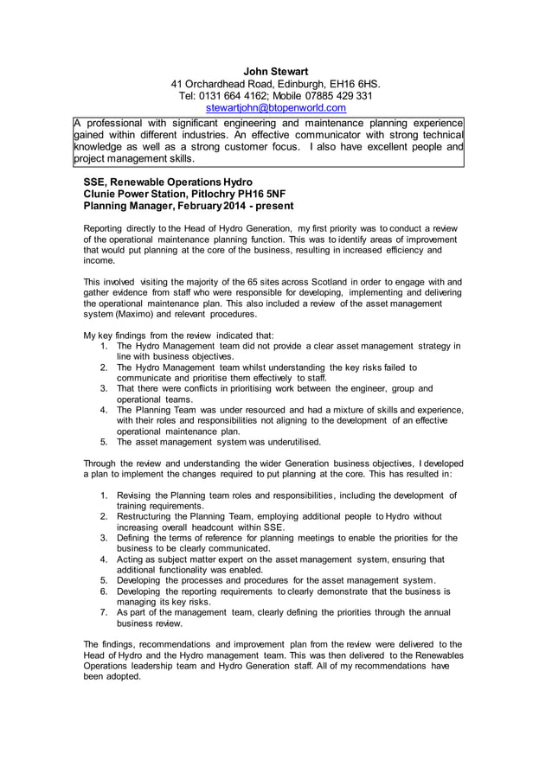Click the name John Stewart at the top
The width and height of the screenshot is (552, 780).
[275, 71]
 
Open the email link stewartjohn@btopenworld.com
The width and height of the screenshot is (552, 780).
[275, 108]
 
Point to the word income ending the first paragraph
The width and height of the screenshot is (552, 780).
[99, 260]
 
